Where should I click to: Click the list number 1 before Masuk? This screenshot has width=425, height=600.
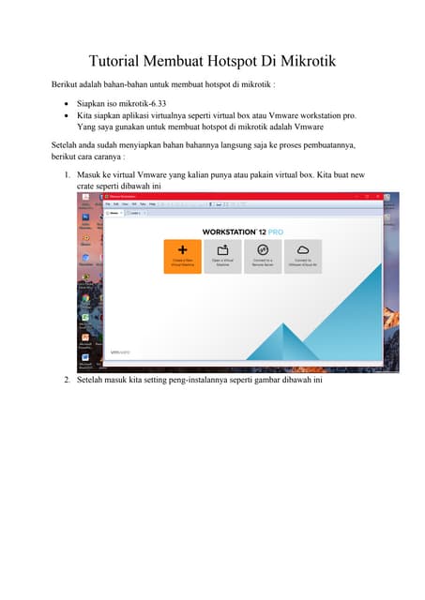pos(67,175)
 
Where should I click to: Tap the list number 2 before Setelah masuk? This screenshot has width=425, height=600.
pos(67,380)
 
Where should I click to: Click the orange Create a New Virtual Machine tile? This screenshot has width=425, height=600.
pos(182,256)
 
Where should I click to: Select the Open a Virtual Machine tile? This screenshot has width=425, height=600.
pos(223,256)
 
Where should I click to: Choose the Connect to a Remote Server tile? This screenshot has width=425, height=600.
pos(263,256)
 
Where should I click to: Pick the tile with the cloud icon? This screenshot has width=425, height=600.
pos(303,256)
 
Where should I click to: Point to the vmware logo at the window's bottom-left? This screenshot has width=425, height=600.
pos(119,352)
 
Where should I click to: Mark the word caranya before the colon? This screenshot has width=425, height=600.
pos(116,157)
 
